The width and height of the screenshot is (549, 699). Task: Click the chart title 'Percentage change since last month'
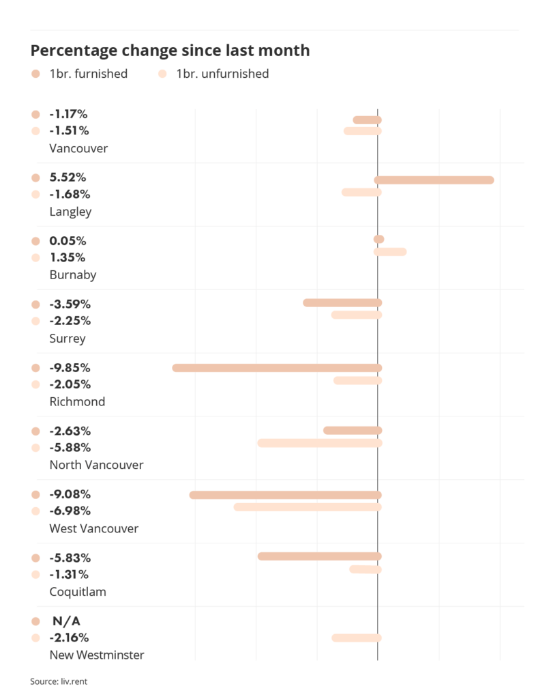point(170,51)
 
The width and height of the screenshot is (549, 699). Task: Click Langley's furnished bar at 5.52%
point(434,180)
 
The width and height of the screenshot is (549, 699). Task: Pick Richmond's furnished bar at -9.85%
point(277,368)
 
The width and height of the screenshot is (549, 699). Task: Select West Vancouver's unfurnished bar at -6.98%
point(308,507)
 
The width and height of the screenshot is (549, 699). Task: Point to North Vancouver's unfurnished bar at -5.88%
point(319,443)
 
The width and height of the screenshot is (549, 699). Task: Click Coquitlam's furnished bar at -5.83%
point(319,556)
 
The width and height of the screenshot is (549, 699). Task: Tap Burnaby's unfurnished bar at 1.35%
point(390,252)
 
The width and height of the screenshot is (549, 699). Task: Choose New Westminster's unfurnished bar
point(356,638)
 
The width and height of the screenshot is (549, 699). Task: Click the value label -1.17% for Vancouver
point(68,114)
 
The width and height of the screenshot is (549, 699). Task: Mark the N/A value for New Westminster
point(67,621)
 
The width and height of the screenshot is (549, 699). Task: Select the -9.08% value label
point(70,494)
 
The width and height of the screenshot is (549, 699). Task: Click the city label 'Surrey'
point(68,339)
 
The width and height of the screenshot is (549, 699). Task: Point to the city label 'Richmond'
point(77,401)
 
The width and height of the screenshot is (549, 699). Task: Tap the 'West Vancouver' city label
point(93,528)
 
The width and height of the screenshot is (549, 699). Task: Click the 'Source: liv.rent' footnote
point(59,681)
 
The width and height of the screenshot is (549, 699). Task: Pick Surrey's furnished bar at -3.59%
point(342,302)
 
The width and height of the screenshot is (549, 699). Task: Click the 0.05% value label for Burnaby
point(68,241)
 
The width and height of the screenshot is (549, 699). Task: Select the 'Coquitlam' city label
point(78,592)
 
